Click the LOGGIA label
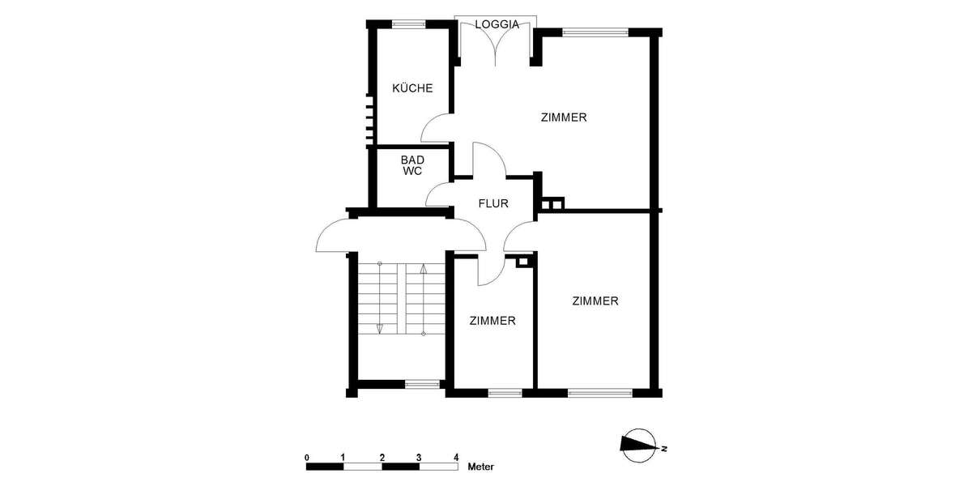(x=497, y=24)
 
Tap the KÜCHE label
(x=412, y=88)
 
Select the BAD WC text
(x=412, y=165)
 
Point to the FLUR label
(x=492, y=203)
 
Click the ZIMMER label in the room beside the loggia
(x=564, y=117)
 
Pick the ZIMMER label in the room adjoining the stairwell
(x=492, y=321)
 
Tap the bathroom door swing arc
(x=439, y=194)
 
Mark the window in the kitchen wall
(x=409, y=24)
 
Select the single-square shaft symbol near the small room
(x=523, y=262)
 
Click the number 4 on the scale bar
(x=456, y=458)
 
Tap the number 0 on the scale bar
(x=307, y=458)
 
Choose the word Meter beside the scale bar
(x=481, y=467)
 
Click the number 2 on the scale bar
(x=382, y=458)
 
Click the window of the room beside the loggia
(x=595, y=33)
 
